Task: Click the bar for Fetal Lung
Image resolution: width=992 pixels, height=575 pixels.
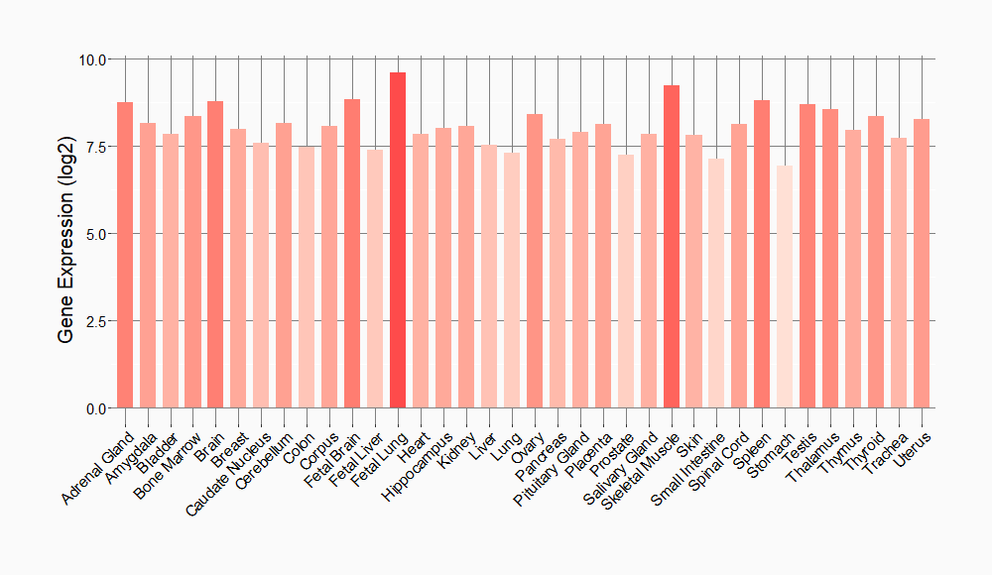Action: pyautogui.click(x=398, y=240)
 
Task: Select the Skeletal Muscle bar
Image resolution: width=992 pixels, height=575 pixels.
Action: pyautogui.click(x=672, y=246)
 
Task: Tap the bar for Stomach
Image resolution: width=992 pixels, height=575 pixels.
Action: pyautogui.click(x=785, y=287)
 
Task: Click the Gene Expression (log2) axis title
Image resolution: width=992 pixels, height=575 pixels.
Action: pyautogui.click(x=66, y=234)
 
